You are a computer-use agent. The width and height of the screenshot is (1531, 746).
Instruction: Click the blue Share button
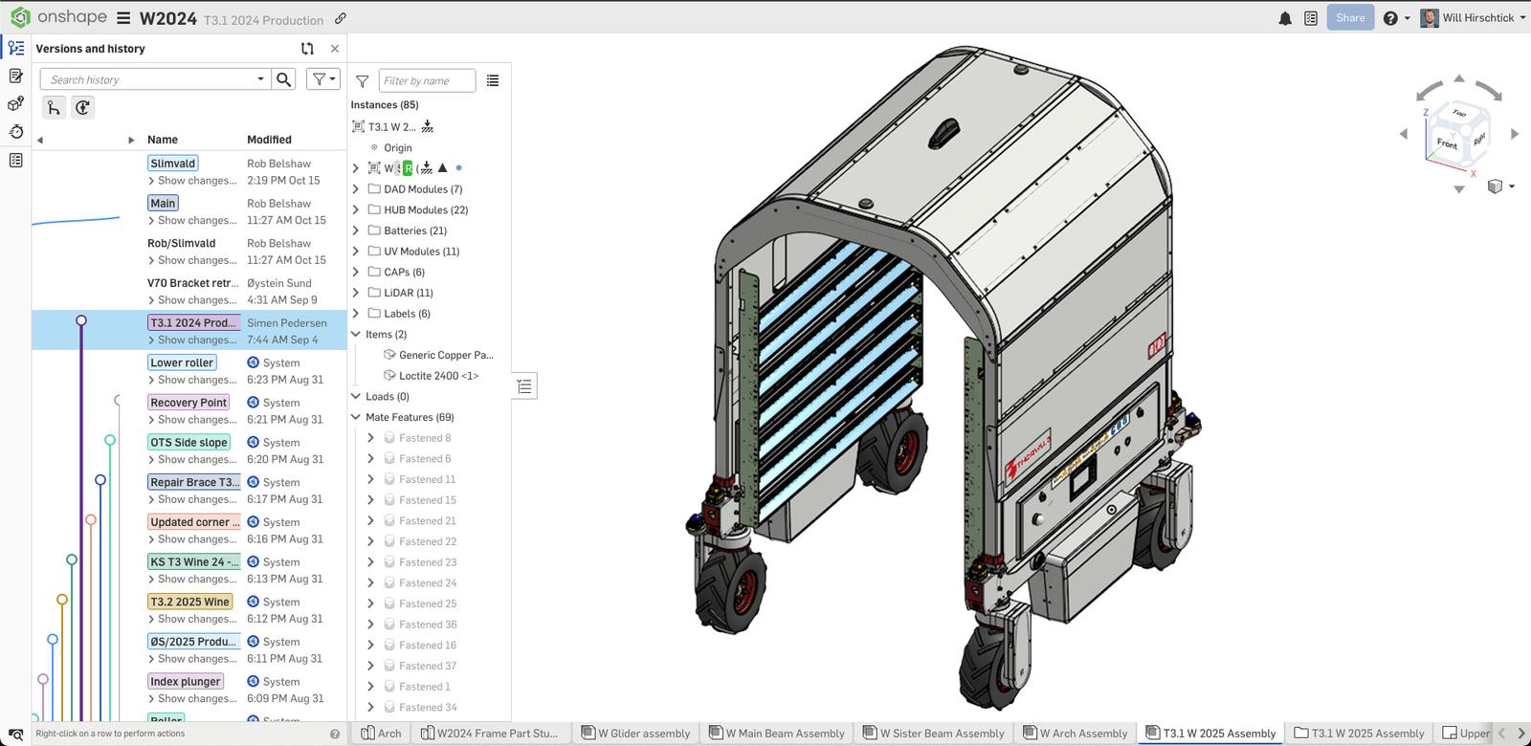(1350, 17)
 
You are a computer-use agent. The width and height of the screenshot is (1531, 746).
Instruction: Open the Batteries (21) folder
(414, 230)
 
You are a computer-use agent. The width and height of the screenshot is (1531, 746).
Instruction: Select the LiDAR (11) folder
(408, 293)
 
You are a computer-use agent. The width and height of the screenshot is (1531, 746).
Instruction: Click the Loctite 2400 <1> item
(438, 376)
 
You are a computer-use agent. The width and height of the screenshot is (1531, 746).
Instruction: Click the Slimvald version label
(173, 164)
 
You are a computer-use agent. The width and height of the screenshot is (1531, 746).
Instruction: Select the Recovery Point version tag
(189, 403)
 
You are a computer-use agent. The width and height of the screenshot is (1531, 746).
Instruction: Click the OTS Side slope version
(189, 443)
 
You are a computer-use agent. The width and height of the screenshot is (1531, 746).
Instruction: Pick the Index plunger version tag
(186, 682)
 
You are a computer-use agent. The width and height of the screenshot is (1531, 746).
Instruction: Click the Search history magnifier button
(284, 79)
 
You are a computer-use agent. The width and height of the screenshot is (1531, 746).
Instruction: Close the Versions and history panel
(334, 49)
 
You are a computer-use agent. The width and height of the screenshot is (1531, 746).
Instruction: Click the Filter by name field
(426, 81)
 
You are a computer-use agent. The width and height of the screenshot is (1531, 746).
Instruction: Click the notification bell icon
(1285, 18)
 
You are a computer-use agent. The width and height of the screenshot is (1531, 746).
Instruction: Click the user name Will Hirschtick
(1477, 18)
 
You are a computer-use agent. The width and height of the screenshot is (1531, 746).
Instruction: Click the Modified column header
(269, 140)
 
